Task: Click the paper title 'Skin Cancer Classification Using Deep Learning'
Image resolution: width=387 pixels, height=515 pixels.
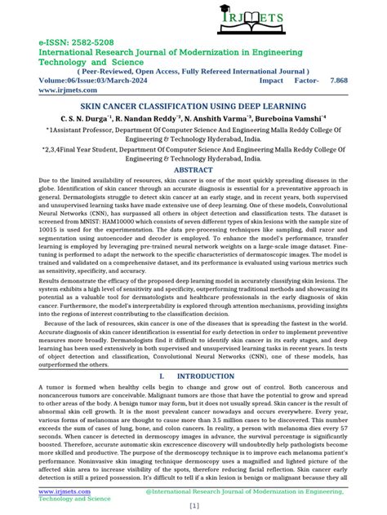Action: (x=193, y=107)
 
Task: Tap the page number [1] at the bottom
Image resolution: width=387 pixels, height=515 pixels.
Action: (x=193, y=505)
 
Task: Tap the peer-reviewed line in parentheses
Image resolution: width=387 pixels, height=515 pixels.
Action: (x=193, y=71)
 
